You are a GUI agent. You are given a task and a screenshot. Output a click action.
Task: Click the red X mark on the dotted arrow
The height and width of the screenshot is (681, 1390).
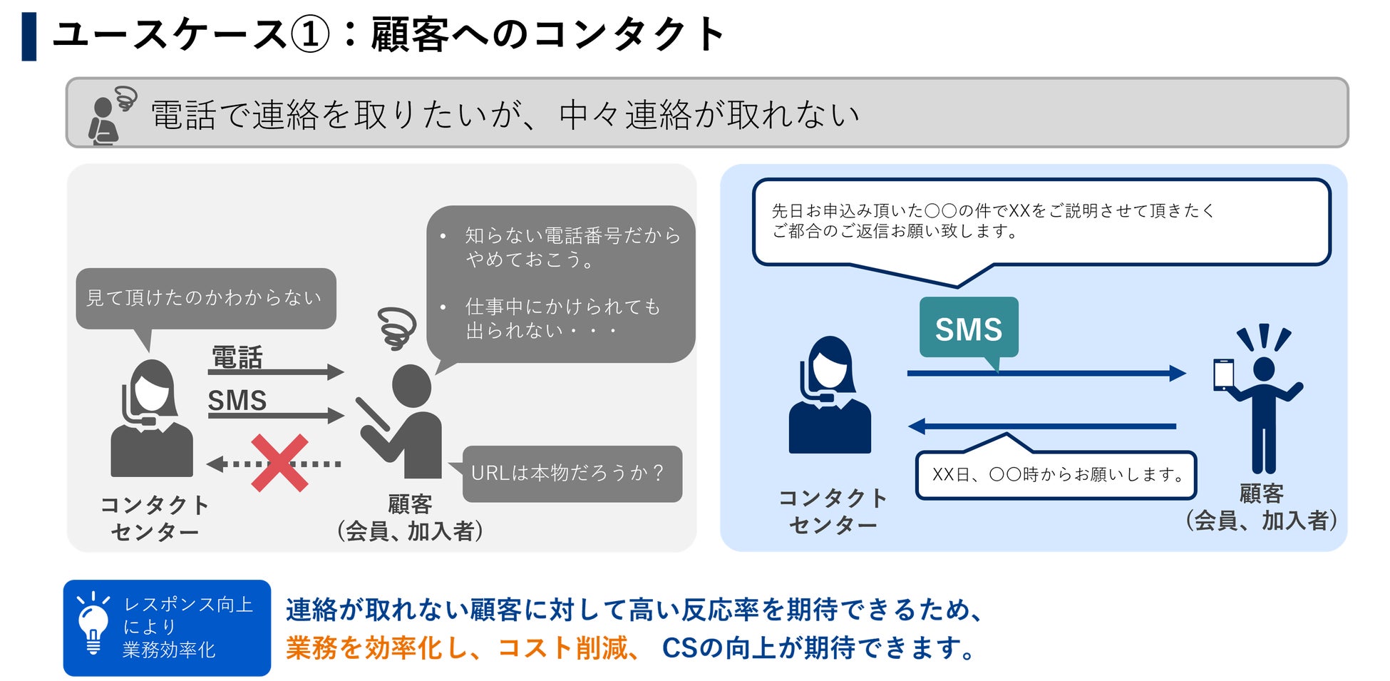(279, 463)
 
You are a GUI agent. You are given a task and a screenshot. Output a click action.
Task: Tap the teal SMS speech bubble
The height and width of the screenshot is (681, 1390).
(968, 328)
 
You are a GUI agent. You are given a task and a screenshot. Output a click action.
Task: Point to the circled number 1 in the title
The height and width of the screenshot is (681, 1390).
(310, 34)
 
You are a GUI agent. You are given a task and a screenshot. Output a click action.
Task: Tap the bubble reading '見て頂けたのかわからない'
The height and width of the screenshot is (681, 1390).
(205, 298)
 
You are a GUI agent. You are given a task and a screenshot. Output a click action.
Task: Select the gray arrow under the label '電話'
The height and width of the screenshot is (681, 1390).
(275, 372)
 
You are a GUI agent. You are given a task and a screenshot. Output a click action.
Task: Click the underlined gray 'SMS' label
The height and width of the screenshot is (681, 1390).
(237, 401)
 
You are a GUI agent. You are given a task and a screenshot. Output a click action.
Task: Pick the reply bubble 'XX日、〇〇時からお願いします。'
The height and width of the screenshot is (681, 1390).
(1055, 475)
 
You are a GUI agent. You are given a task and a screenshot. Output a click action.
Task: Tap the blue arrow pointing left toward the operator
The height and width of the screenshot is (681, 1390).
(1041, 426)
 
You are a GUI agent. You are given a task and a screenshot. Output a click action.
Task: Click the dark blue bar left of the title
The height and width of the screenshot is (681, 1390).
(29, 36)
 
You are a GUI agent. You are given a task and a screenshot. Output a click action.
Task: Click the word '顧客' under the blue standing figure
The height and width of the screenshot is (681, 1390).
(1261, 493)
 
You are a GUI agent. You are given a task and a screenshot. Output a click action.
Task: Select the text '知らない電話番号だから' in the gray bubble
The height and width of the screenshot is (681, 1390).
(572, 235)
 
